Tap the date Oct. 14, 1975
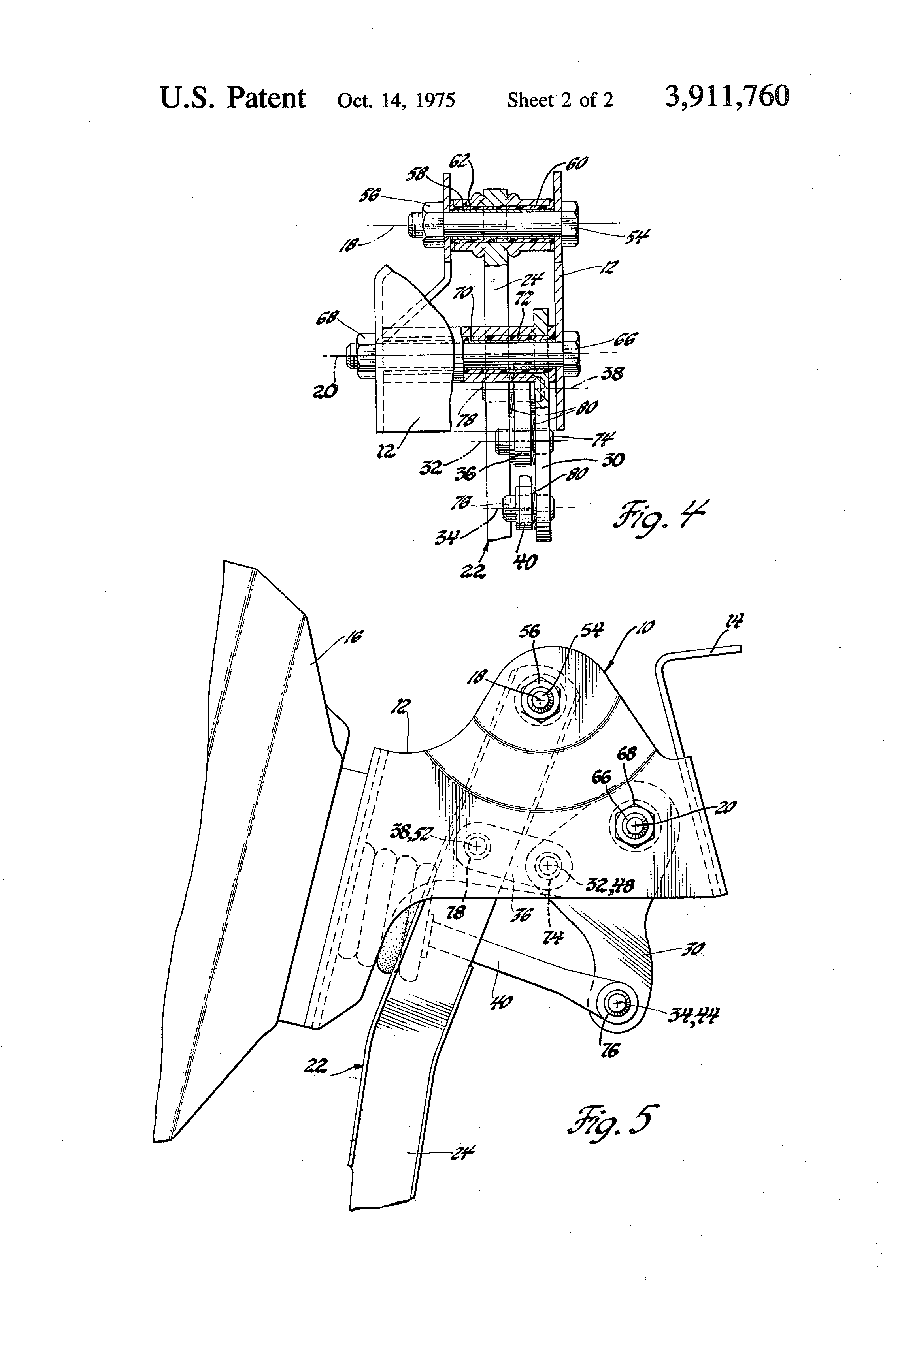pos(396,100)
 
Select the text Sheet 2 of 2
pos(560,100)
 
